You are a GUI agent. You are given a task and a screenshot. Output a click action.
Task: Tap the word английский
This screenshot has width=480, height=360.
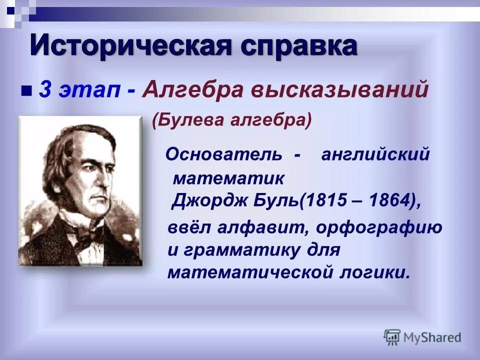pos(375,154)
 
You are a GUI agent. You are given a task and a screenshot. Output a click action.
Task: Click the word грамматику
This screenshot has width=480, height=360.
pos(237,249)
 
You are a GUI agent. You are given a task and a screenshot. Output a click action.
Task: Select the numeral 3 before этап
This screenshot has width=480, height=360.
pos(44,90)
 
